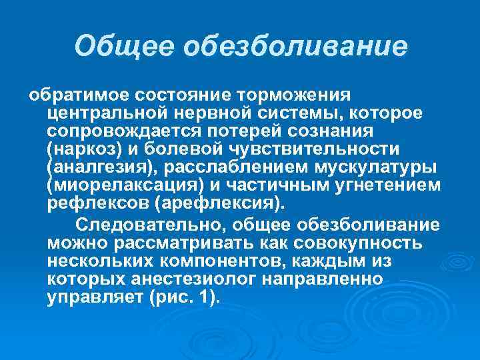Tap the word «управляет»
pyautogui.click(x=90, y=297)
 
